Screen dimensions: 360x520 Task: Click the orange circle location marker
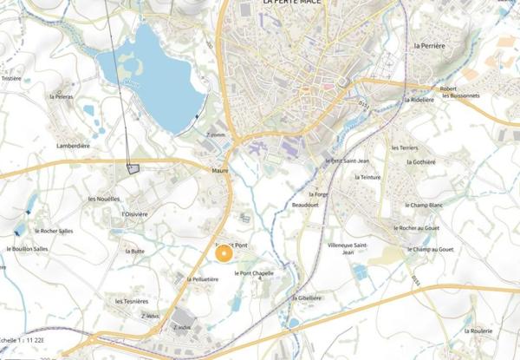pyautogui.click(x=224, y=253)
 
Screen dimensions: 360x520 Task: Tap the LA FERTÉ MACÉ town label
pyautogui.click(x=295, y=3)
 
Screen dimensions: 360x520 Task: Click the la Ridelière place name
pyautogui.click(x=420, y=100)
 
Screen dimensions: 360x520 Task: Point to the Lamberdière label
pyautogui.click(x=72, y=147)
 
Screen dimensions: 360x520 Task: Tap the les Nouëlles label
pyautogui.click(x=104, y=199)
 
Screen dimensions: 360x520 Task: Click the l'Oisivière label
pyautogui.click(x=135, y=213)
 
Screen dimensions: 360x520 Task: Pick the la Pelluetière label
pyautogui.click(x=202, y=279)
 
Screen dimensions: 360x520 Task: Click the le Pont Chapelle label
pyautogui.click(x=255, y=273)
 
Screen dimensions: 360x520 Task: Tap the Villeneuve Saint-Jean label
pyautogui.click(x=337, y=249)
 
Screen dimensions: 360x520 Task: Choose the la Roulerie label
pyautogui.click(x=478, y=331)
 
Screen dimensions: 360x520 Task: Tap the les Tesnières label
pyautogui.click(x=132, y=301)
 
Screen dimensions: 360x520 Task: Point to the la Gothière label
pyautogui.click(x=421, y=162)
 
